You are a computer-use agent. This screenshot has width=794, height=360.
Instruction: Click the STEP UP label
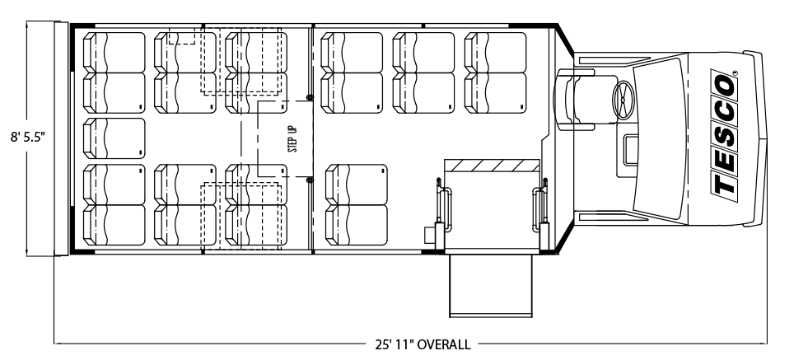pos(292,139)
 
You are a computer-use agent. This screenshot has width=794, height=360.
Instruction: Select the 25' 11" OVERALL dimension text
pos(423,345)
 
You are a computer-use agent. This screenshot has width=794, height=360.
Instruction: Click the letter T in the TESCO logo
pos(725,183)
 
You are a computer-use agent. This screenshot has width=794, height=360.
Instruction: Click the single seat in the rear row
pos(114,138)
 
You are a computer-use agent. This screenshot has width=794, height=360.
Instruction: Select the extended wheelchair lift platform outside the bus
pos(491,285)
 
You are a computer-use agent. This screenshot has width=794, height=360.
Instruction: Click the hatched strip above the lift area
pos(492,166)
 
